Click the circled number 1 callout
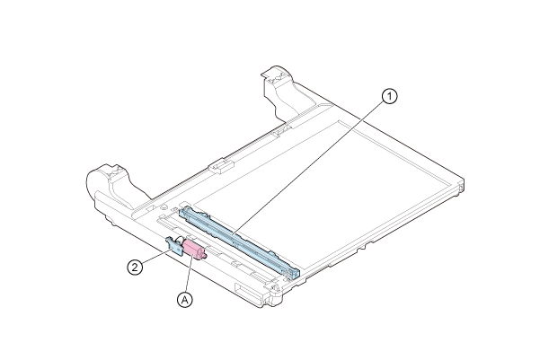click(x=390, y=96)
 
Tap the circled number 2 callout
click(x=135, y=267)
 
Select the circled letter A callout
click(x=185, y=300)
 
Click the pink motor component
click(x=194, y=250)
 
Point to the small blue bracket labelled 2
click(x=174, y=245)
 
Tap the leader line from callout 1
click(x=308, y=168)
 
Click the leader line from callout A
click(x=189, y=273)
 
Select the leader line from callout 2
click(x=156, y=257)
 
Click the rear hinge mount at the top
click(x=278, y=90)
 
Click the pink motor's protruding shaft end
click(x=204, y=255)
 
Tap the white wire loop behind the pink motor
click(x=179, y=240)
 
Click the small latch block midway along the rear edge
click(x=220, y=165)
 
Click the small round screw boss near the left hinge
click(x=161, y=207)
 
